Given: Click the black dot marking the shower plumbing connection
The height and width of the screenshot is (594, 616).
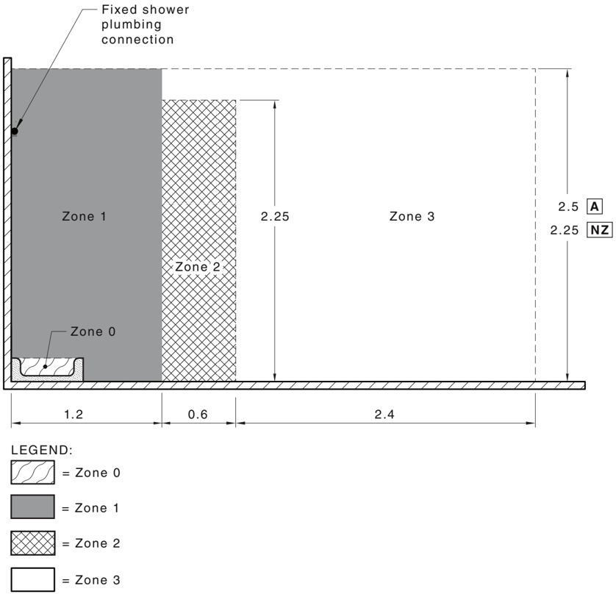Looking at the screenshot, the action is pos(15,131).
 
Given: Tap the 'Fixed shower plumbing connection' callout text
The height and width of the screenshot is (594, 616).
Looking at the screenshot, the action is pos(146,24).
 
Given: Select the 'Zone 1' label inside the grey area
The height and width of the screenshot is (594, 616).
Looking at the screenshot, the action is pos(84,216).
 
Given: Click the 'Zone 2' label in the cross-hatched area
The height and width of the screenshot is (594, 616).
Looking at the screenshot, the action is pos(198,267).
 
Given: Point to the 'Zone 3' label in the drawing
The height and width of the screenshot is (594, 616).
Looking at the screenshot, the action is pos(412,216).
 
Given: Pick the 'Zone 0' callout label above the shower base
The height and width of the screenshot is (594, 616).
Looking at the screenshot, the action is pos(93,332).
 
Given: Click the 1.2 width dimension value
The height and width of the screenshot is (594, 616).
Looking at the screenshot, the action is pos(74,415).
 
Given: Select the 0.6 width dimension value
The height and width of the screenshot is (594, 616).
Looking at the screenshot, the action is pos(198,415).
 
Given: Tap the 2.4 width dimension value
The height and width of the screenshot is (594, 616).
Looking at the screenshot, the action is pos(384,415).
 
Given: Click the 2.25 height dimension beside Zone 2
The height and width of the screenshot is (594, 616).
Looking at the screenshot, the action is pos(275,216).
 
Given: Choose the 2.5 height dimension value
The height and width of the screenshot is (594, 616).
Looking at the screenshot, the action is pos(568,207).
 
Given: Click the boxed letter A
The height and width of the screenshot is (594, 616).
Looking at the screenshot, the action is pos(595,207).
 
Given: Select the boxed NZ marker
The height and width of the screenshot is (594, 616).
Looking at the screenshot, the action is pos(600,230).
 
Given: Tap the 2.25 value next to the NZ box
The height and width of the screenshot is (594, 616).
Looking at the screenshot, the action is pos(565,230).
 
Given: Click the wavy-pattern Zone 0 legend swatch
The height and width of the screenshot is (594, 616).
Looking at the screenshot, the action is pos(32,472).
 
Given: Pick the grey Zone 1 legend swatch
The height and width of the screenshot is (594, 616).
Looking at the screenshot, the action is pos(32,507).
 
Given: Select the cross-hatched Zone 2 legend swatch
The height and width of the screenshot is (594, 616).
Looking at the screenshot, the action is pos(32,543).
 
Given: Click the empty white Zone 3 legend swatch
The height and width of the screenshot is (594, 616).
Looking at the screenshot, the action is pos(32,579).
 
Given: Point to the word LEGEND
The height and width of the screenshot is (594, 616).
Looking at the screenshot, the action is pos(42,450).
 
